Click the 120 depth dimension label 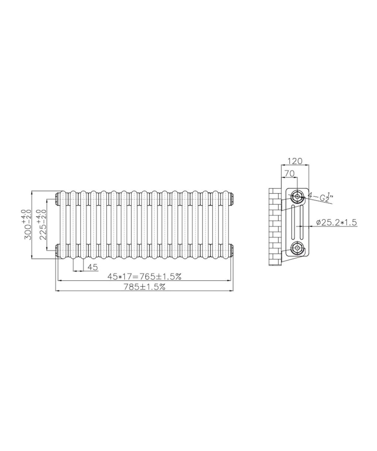295,161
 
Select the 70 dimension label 289,173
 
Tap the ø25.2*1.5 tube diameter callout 336,222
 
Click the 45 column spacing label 93,267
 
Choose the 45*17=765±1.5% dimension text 144,276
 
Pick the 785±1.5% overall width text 144,286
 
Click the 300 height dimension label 28,225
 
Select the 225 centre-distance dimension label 42,225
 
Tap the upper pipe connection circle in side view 297,196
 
